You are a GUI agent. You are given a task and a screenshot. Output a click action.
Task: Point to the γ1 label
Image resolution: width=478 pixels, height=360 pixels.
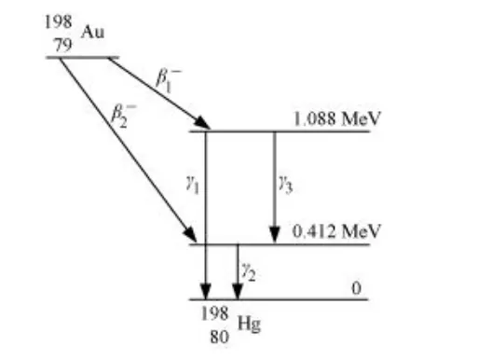coord(193,186)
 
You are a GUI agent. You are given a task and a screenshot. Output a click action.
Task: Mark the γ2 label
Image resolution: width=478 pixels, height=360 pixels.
coord(249,269)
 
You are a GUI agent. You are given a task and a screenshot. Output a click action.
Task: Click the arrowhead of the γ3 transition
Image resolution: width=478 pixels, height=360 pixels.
coord(274,236)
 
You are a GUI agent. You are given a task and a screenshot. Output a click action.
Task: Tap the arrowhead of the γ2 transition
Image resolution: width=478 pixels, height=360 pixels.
coord(238,291)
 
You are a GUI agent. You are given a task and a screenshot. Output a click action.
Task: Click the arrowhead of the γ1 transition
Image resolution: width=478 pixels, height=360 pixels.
coord(206,291)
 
